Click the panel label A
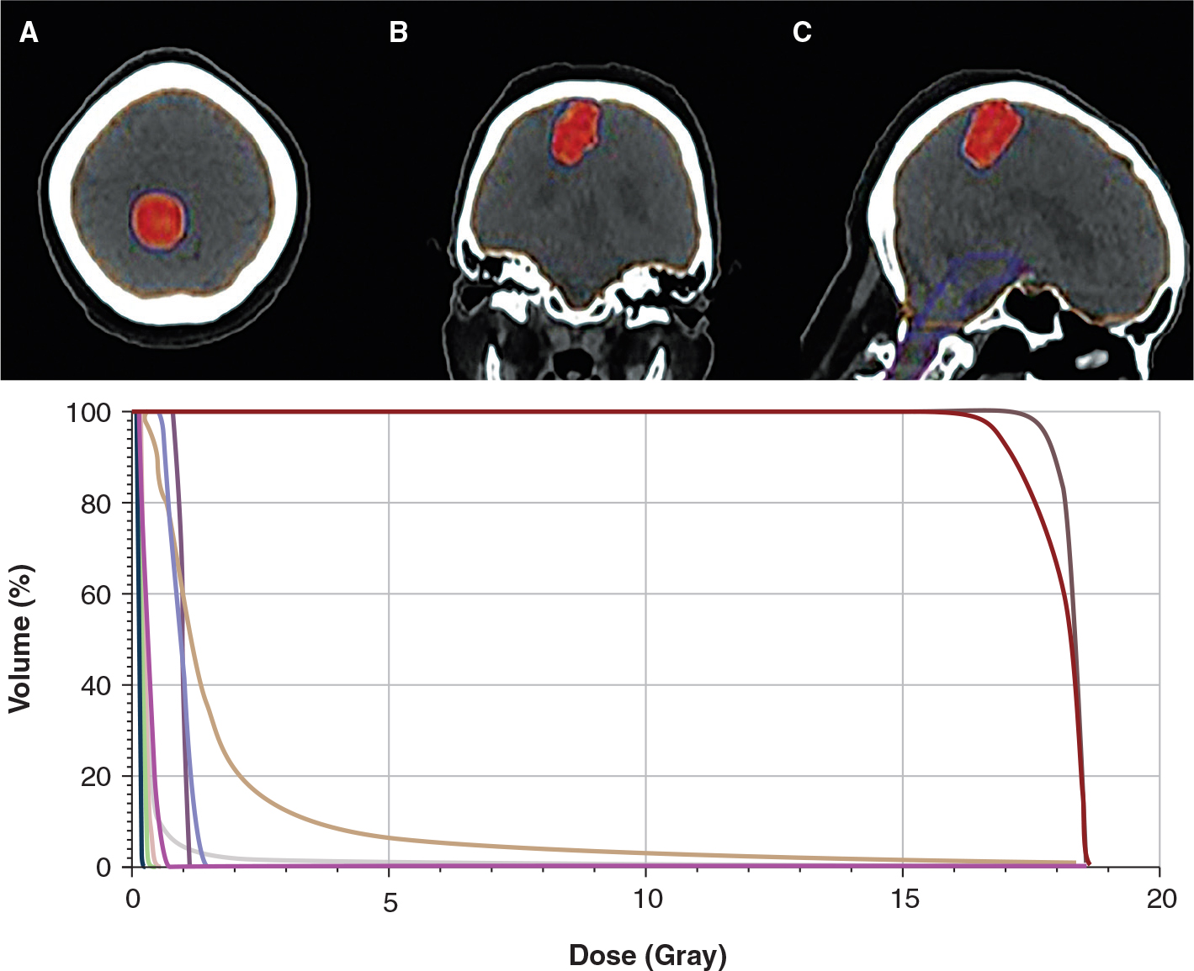click(x=29, y=33)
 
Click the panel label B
click(x=398, y=33)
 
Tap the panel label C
click(x=802, y=33)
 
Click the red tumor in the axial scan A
click(x=158, y=220)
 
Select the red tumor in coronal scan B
click(x=576, y=133)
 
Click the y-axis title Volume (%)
click(x=21, y=639)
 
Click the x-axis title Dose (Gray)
click(x=647, y=955)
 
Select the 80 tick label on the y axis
click(x=98, y=504)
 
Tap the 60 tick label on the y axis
click(x=98, y=594)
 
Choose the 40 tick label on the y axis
click(x=98, y=685)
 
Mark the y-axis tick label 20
click(x=98, y=776)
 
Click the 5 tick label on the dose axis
click(x=390, y=901)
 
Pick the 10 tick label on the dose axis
click(x=647, y=900)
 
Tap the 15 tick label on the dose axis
click(x=904, y=900)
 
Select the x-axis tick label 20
click(x=1161, y=900)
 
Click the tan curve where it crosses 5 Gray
click(x=389, y=837)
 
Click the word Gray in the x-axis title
click(x=682, y=955)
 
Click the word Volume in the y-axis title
click(x=21, y=664)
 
